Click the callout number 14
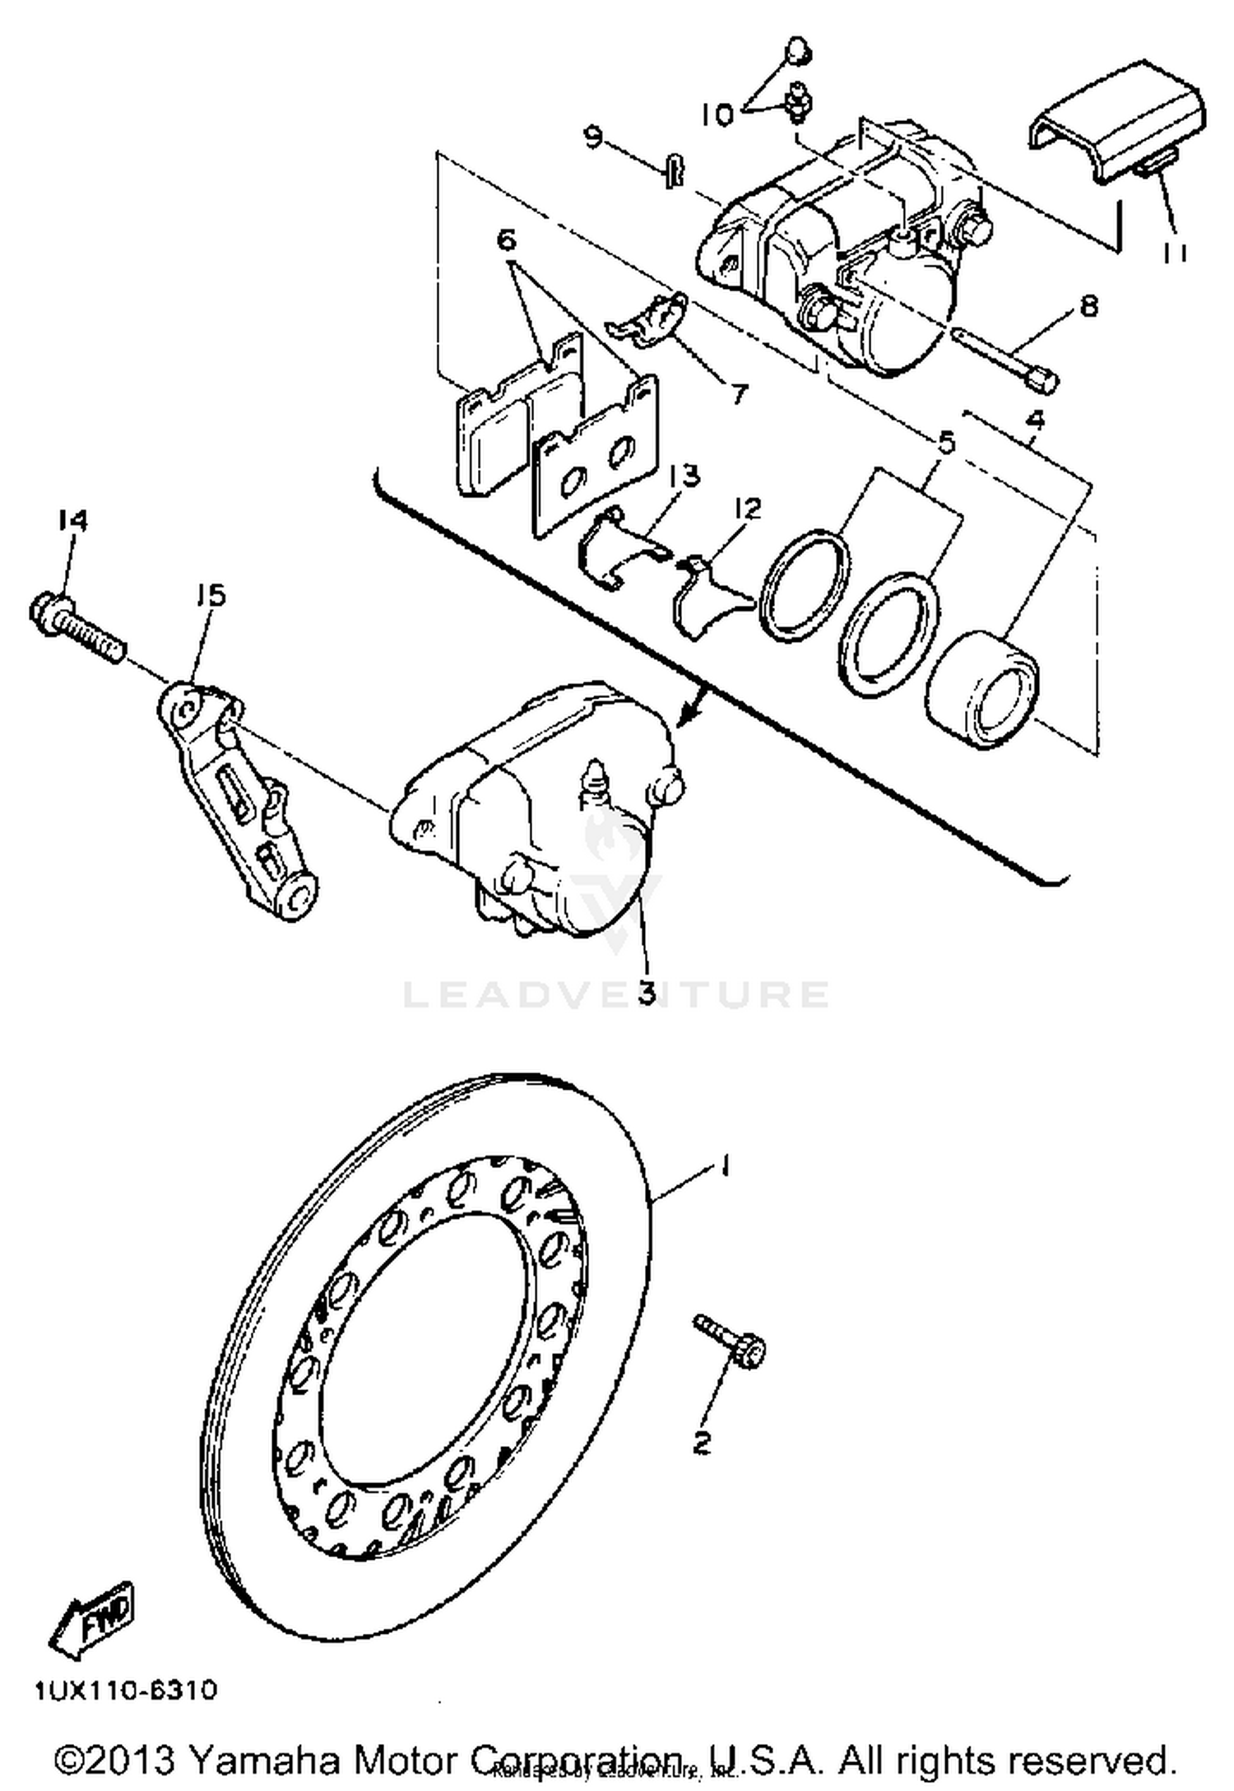tap(72, 520)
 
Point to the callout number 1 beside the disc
tap(724, 1165)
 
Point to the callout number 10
tap(717, 115)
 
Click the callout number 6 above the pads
tap(506, 241)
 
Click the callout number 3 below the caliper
tap(647, 992)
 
